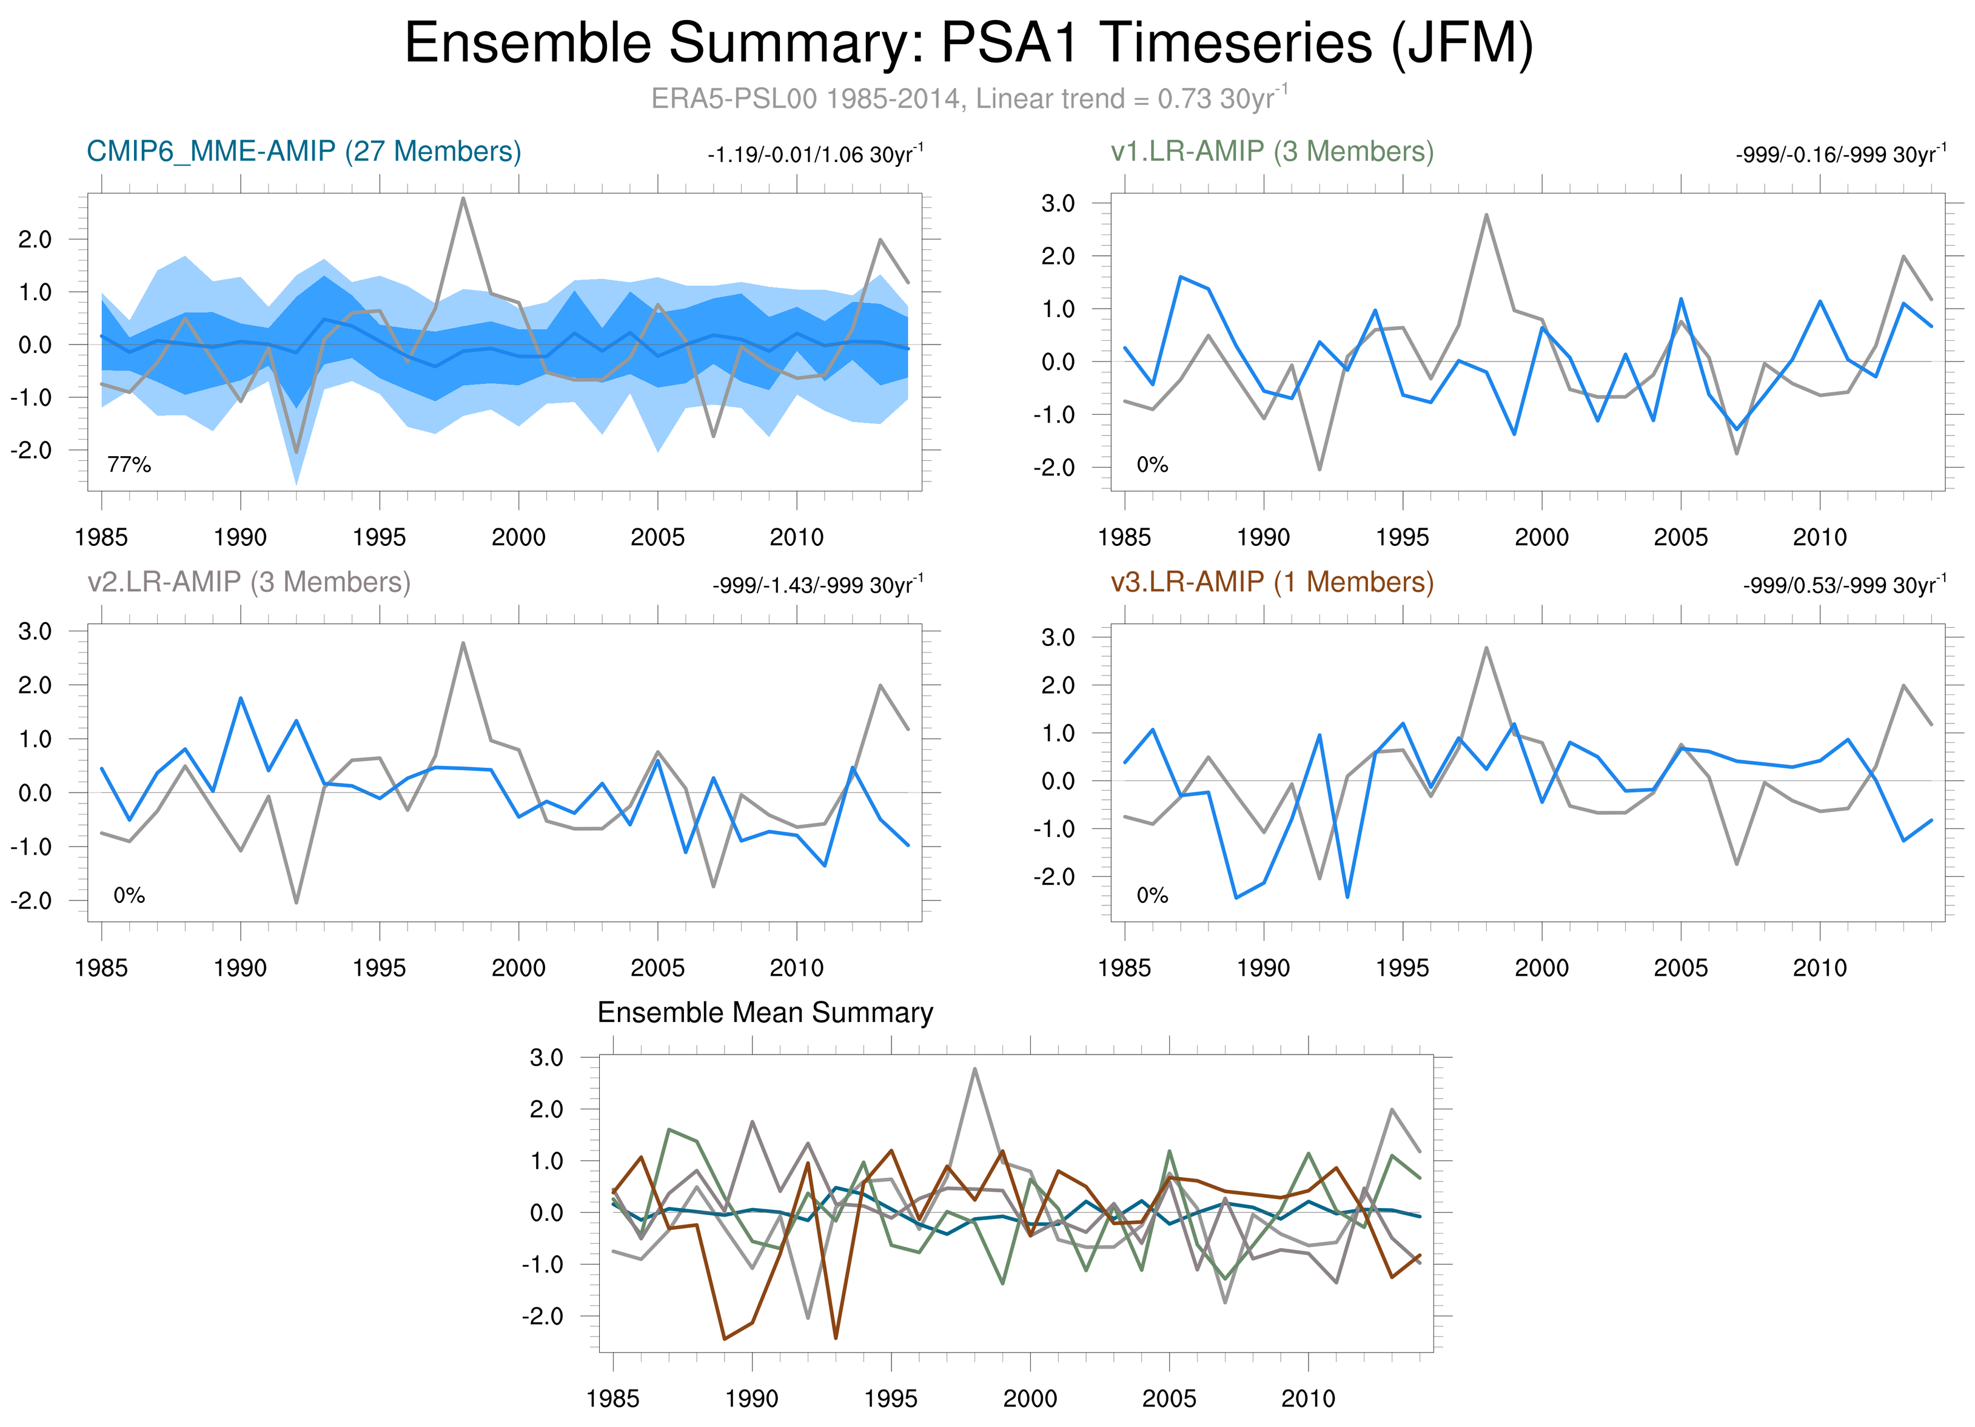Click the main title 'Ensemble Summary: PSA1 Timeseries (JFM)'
(x=968, y=44)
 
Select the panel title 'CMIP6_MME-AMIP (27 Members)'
(x=304, y=152)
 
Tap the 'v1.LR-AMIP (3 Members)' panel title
(x=1272, y=152)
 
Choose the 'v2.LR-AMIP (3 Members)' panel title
(x=249, y=582)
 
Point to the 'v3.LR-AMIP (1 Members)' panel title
(x=1272, y=582)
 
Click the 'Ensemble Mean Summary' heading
(x=765, y=1013)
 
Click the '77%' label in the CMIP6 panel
(x=129, y=465)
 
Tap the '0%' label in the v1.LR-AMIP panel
(x=1152, y=465)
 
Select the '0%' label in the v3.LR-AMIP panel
(x=1152, y=896)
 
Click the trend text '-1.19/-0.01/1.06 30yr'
(x=815, y=155)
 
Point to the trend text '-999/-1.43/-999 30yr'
(x=817, y=585)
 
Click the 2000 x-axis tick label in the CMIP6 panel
(x=518, y=537)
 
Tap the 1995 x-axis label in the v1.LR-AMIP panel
(x=1402, y=537)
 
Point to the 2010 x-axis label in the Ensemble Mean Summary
(x=1308, y=1398)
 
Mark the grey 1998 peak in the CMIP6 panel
(x=463, y=198)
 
